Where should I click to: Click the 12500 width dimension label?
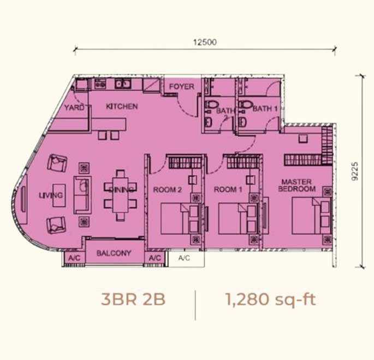pos(205,42)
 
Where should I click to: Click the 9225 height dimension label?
pos(355,171)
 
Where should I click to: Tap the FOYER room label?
pos(181,87)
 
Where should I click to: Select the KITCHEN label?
pos(122,106)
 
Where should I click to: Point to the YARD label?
pos(74,107)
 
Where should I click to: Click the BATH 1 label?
pos(265,109)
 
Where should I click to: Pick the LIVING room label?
pos(51,195)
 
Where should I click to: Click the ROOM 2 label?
pos(167,190)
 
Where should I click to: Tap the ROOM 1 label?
pos(228,189)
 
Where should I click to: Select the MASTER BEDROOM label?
pos(296,185)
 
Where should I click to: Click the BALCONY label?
pos(114,253)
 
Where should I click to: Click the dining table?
pos(121,195)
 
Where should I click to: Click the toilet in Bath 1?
pos(245,105)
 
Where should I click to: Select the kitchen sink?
pos(123,84)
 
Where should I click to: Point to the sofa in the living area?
pos(82,195)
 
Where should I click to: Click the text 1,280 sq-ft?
pos(270,299)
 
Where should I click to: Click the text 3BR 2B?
pos(133,299)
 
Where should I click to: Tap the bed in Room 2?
pos(180,219)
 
